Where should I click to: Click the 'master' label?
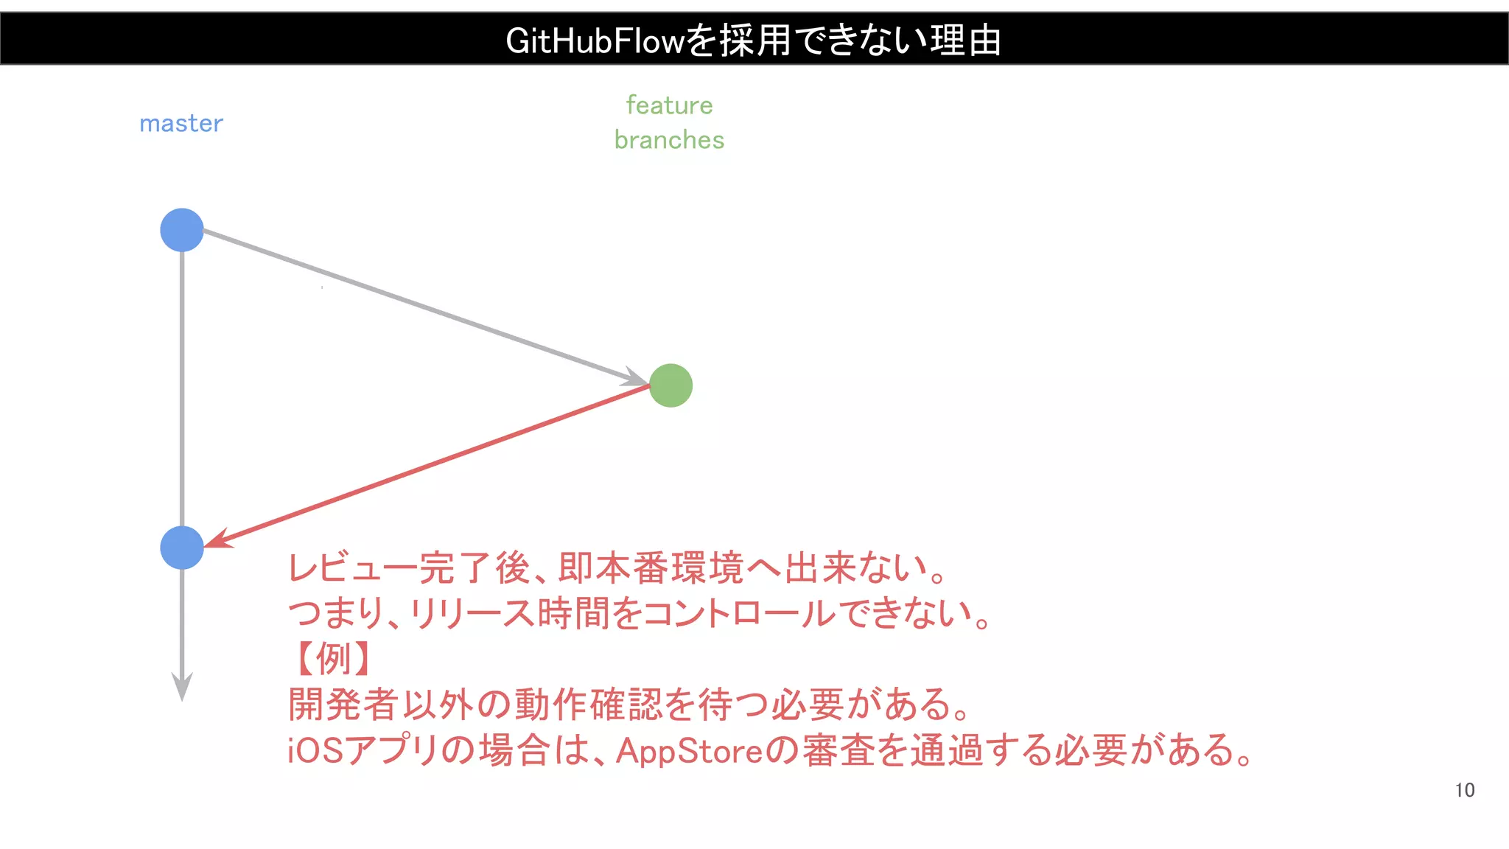[181, 123]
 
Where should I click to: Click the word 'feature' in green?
[669, 105]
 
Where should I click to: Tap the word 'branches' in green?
[669, 140]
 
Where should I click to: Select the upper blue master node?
[182, 230]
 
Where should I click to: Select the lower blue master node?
[182, 548]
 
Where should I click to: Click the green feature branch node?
[671, 385]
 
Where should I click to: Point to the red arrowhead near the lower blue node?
[218, 540]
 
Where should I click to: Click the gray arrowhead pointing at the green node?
[635, 377]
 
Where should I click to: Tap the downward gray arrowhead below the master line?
[182, 685]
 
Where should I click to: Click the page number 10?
[1464, 790]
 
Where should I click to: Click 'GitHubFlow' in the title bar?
[595, 41]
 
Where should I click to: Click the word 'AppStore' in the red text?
[689, 751]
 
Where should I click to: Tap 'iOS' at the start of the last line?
[315, 751]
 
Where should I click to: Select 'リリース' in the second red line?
[472, 613]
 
